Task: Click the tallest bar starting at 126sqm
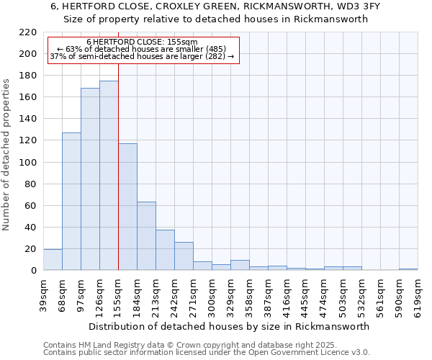(x=109, y=176)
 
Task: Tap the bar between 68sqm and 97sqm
(x=71, y=202)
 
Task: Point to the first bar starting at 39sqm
(x=53, y=260)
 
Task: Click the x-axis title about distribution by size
(x=230, y=326)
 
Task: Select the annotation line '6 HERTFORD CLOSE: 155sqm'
(x=142, y=42)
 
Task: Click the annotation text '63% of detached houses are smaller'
(x=142, y=49)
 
